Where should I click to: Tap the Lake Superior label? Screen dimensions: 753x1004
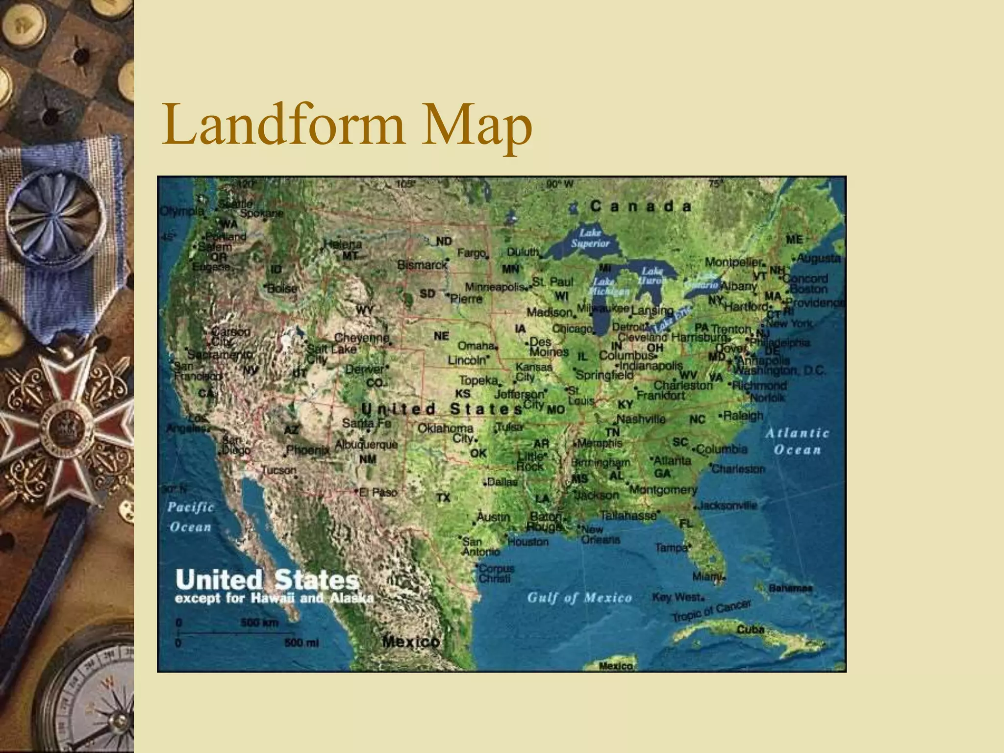590,238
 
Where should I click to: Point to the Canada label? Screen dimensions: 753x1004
641,206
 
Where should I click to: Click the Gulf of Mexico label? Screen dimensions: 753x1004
579,598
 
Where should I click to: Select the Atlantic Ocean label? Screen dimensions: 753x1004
797,441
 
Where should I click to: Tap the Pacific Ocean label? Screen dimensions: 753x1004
190,517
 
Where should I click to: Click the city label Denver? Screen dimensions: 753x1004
365,369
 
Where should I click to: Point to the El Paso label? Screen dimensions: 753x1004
378,492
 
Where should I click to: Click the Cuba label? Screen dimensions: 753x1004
751,629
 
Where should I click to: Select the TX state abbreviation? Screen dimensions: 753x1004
443,498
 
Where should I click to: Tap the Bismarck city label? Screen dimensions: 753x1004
422,265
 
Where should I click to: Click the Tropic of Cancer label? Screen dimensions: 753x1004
711,611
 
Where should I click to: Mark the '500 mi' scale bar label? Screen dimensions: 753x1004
301,643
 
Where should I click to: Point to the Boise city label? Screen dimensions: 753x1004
282,289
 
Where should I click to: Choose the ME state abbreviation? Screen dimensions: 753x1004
794,239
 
